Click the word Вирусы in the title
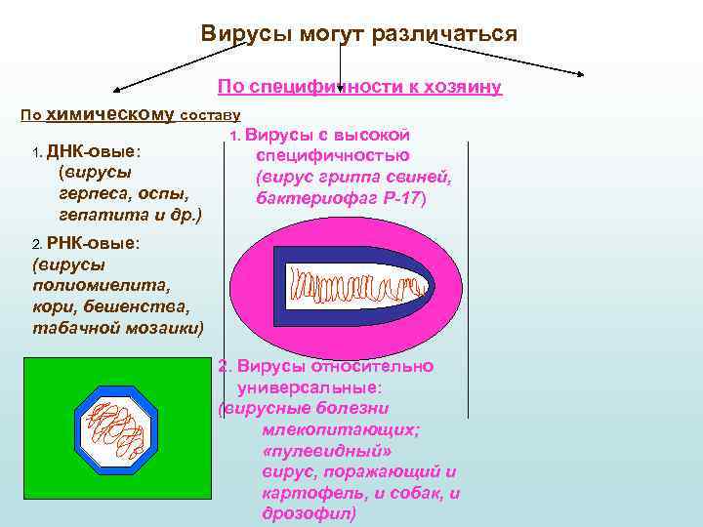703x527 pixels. pos(240,34)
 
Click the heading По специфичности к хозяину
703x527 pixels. pos(359,87)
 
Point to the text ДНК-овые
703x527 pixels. pos(93,152)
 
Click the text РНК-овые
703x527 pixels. pos(94,243)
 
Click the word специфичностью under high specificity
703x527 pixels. pos(332,156)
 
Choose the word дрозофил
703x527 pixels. pos(310,513)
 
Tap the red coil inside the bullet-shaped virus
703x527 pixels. pos(357,286)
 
